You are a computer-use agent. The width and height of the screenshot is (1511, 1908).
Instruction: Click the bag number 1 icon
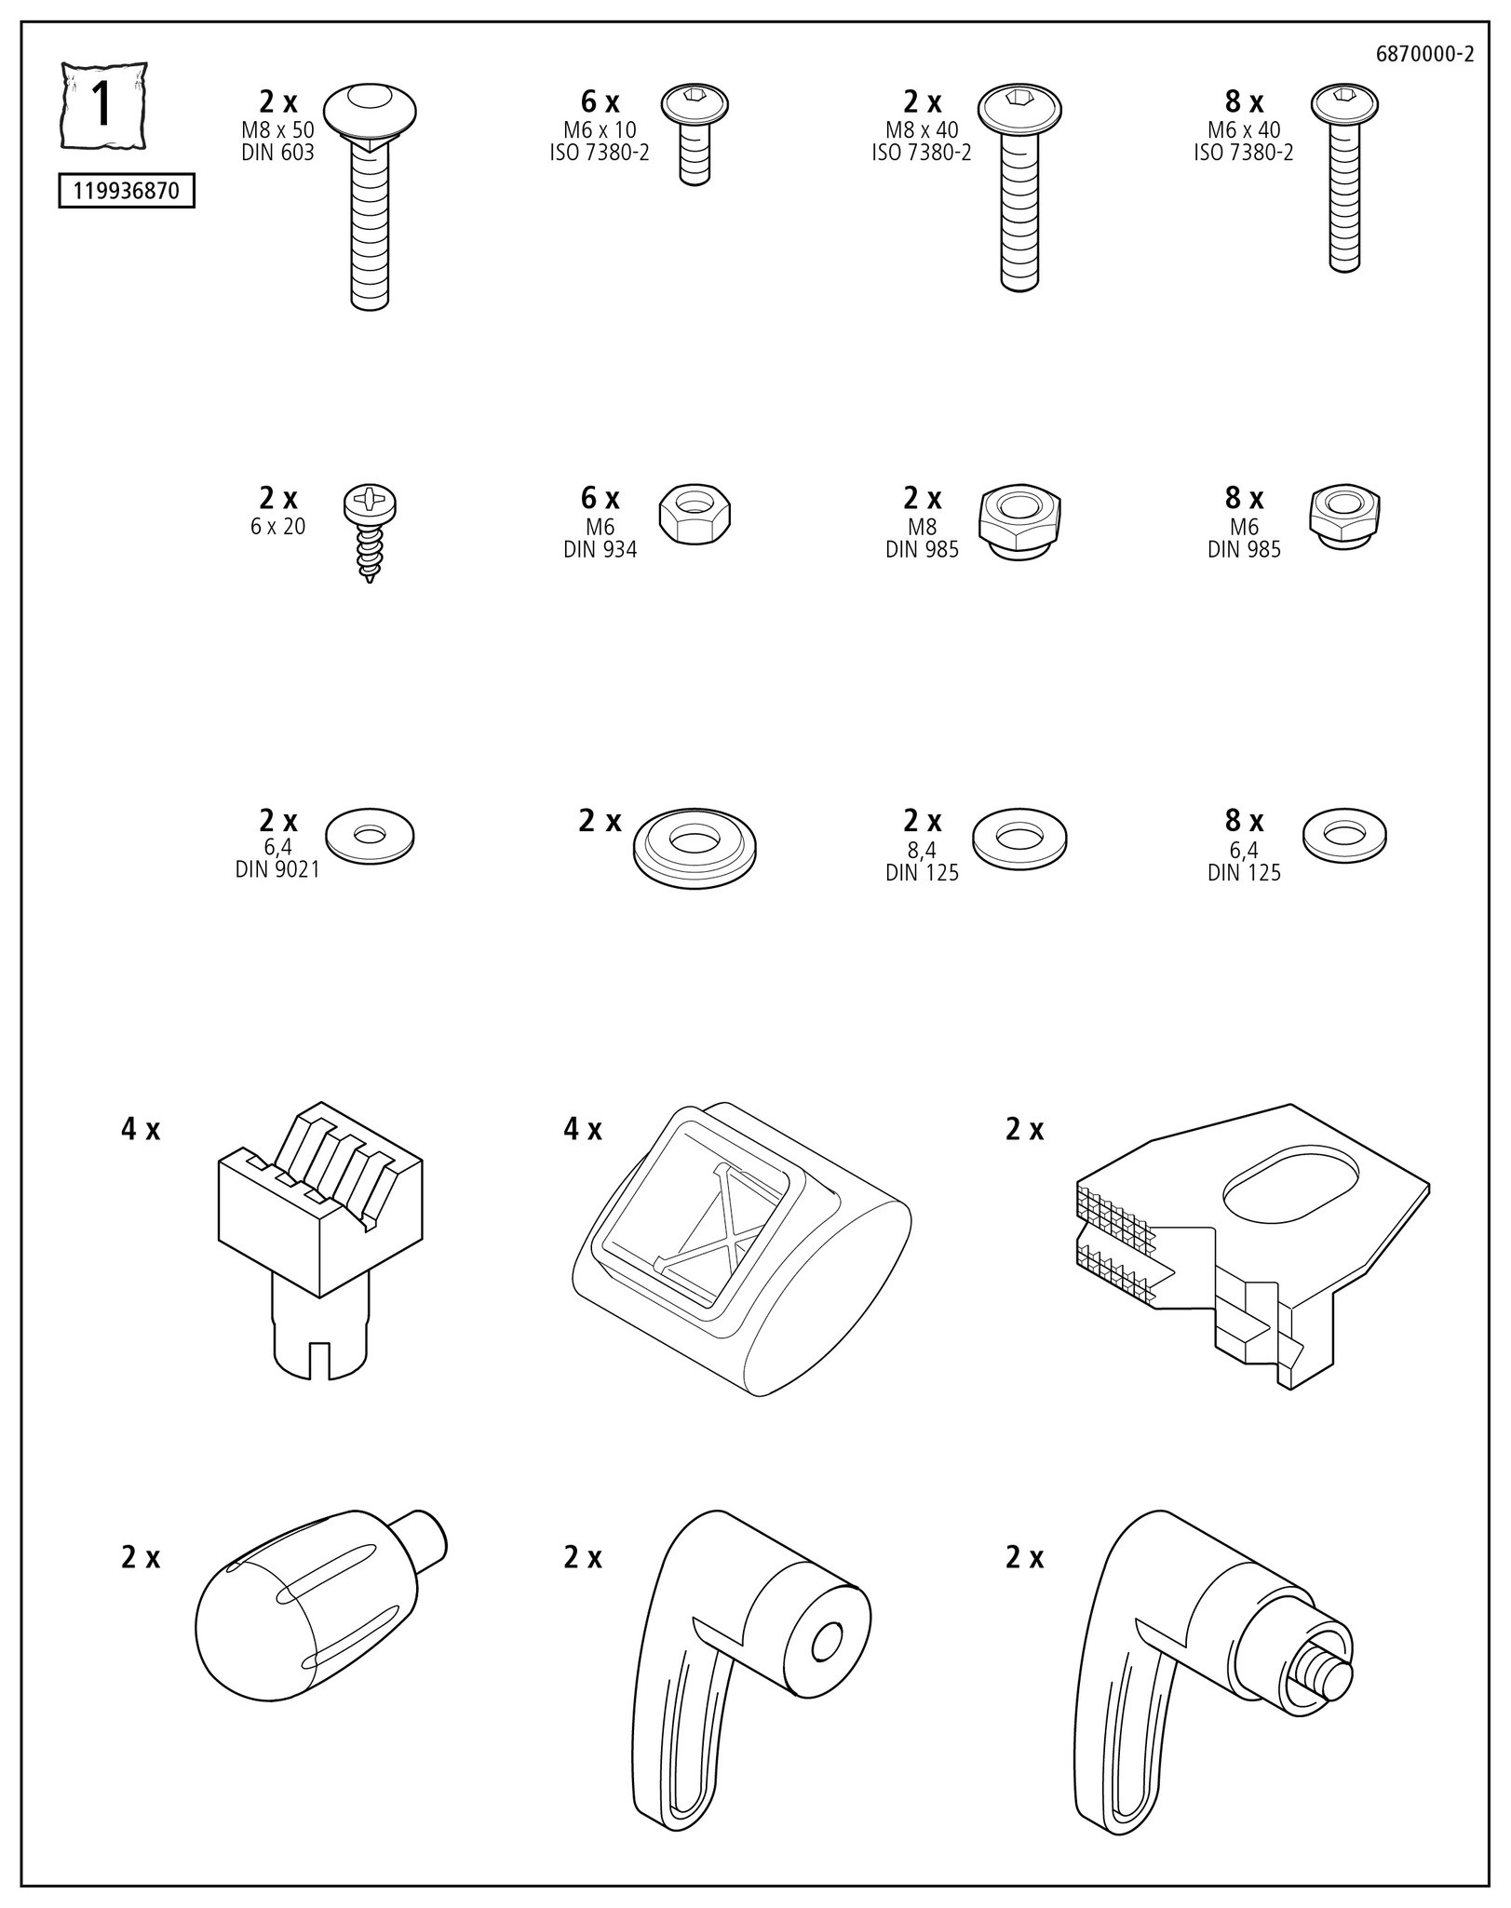point(103,105)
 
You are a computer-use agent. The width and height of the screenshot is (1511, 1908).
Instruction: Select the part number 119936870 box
point(127,193)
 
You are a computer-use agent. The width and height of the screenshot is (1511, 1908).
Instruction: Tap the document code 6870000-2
point(1423,54)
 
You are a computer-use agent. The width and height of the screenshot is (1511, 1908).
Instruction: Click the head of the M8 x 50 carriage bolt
point(370,109)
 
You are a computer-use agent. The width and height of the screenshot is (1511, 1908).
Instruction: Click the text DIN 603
point(277,153)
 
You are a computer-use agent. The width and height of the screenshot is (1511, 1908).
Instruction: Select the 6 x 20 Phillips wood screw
point(370,531)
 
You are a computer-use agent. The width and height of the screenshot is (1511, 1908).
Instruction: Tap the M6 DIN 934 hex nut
point(695,515)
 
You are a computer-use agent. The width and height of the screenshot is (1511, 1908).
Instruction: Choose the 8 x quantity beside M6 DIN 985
point(1244,498)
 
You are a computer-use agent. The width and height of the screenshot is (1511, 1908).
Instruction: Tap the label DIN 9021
point(277,869)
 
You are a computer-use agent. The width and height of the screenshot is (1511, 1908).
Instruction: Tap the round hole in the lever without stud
point(826,1645)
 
